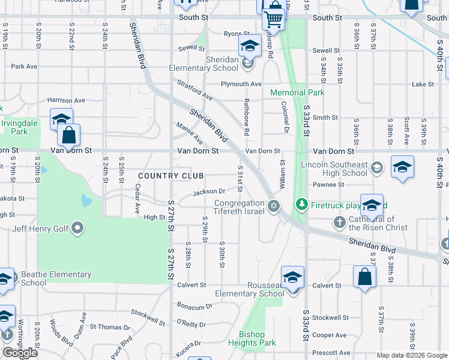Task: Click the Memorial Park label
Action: tap(297, 93)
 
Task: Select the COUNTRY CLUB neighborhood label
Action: tap(170, 175)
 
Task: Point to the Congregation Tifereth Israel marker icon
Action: tap(274, 206)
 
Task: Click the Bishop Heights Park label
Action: tap(257, 339)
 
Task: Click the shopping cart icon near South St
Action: tap(274, 19)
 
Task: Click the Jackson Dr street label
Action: tap(208, 192)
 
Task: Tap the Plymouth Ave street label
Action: tap(241, 84)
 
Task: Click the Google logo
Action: tap(20, 353)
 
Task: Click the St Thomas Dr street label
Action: tap(110, 327)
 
